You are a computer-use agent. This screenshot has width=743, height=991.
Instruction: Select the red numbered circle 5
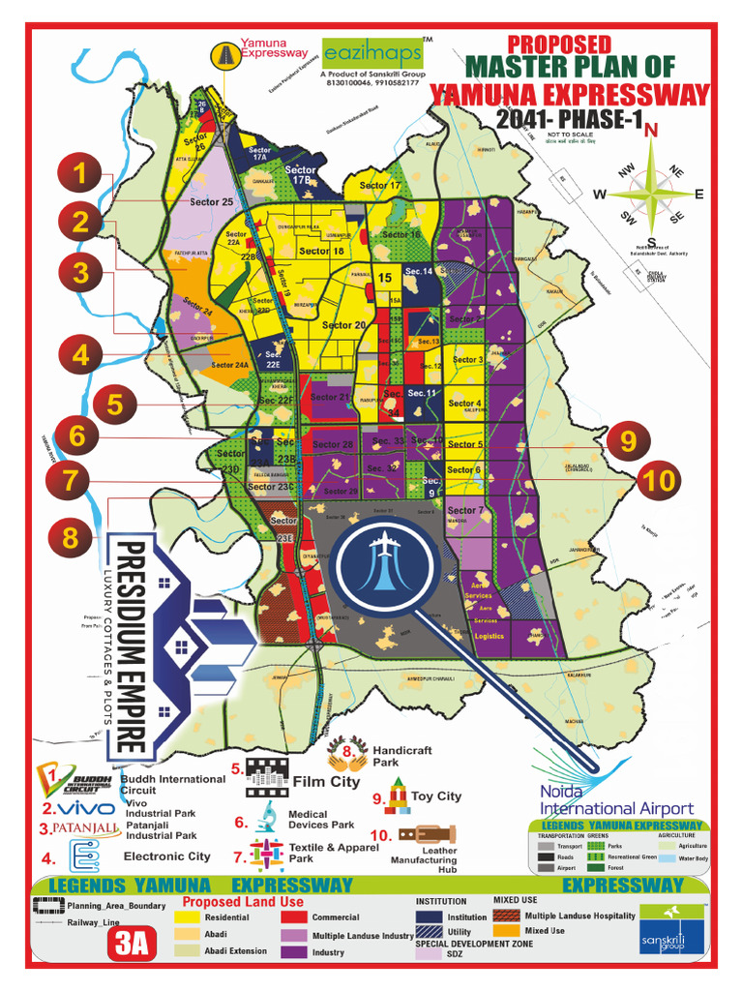tap(114, 404)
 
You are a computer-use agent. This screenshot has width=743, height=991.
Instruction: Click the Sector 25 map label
tap(211, 202)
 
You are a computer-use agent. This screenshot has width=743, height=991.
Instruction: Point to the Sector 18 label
tap(321, 251)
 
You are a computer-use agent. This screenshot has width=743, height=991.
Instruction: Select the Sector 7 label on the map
tap(465, 510)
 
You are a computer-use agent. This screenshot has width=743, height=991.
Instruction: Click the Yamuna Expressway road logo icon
tap(225, 56)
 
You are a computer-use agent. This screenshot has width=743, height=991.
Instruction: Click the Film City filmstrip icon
tap(268, 776)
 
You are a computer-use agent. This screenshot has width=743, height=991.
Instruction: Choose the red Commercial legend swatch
tap(295, 917)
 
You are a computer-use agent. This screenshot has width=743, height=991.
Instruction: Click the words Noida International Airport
tap(616, 800)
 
